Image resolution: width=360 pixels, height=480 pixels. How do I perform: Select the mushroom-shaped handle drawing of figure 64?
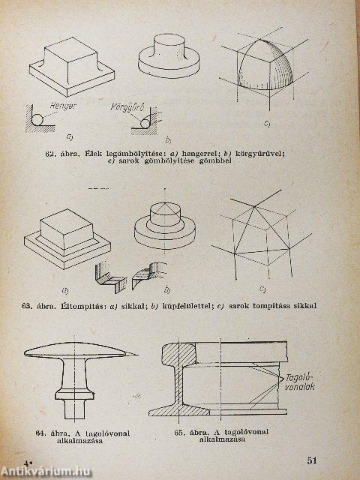pos(75,375)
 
